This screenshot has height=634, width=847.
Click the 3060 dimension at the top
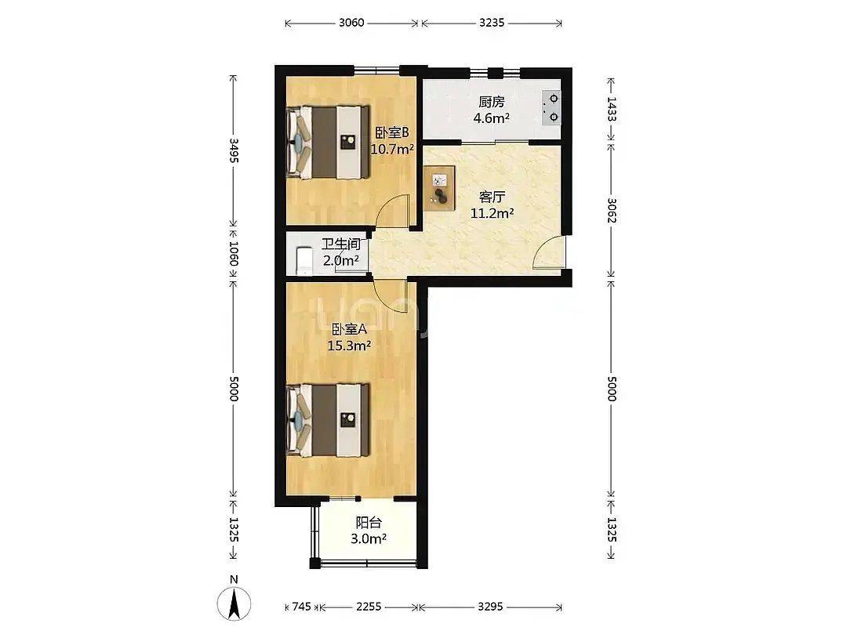[x=351, y=23]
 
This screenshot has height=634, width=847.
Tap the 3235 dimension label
[x=492, y=23]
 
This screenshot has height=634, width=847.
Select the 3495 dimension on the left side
[x=234, y=150]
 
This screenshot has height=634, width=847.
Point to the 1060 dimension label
[x=234, y=253]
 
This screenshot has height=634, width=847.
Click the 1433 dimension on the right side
[x=612, y=109]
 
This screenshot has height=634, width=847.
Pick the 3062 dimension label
[x=612, y=211]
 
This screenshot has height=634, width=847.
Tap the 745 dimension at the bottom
[x=301, y=607]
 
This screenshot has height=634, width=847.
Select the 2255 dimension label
[x=369, y=607]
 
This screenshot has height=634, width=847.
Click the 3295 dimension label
[x=490, y=607]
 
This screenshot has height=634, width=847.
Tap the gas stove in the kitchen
[x=551, y=107]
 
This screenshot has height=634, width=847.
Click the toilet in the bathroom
[x=304, y=261]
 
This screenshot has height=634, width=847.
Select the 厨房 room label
[x=492, y=101]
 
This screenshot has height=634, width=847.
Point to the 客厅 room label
[x=492, y=197]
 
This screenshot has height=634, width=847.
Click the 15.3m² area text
[x=349, y=346]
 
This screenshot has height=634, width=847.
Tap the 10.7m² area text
[x=392, y=149]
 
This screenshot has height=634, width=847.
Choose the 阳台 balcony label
[x=369, y=522]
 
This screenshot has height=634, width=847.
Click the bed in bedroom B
[x=328, y=142]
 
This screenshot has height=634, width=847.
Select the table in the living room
[x=439, y=188]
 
